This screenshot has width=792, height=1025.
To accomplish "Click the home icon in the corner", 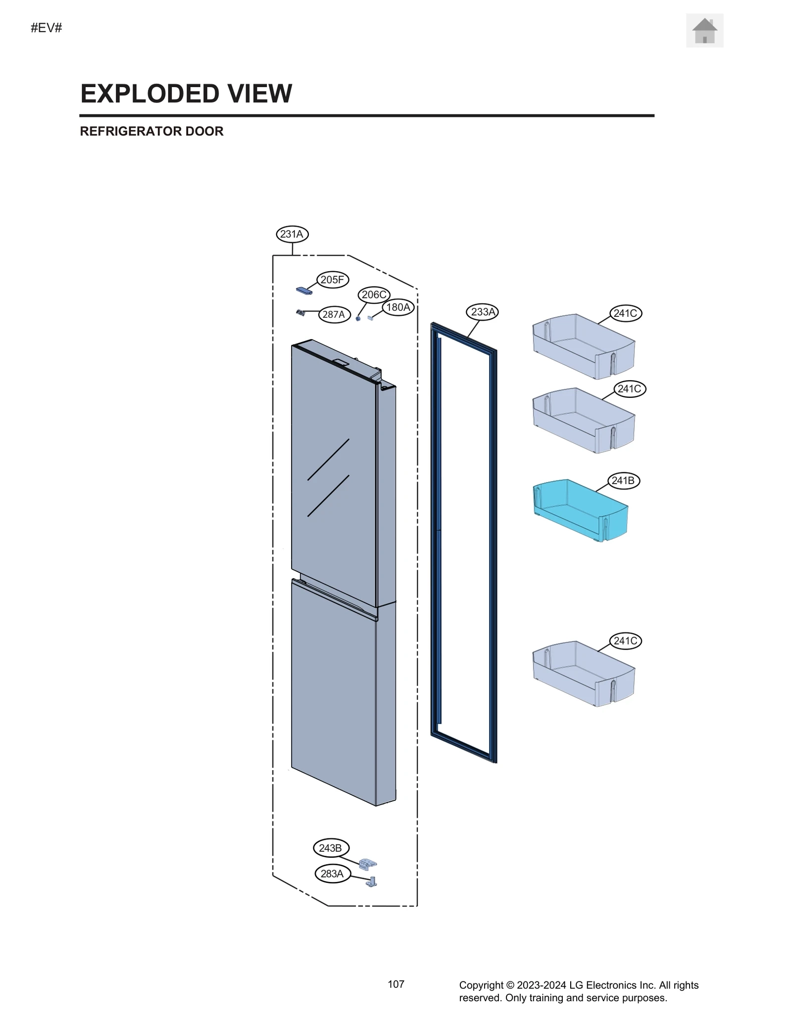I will [x=704, y=31].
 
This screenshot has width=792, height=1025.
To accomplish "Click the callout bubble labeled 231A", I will [x=292, y=234].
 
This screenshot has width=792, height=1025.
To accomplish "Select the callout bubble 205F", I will [x=332, y=280].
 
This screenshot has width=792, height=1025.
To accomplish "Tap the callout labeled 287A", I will [x=334, y=314].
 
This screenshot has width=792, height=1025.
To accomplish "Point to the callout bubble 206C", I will [x=374, y=295].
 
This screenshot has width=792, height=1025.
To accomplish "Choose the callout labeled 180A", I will [x=398, y=307].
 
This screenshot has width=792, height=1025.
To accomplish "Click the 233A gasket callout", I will [x=483, y=312].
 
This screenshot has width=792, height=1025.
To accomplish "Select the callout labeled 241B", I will [x=623, y=481].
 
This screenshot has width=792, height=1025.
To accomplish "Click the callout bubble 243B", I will [x=331, y=848].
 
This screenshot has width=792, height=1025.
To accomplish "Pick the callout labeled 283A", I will [x=332, y=874].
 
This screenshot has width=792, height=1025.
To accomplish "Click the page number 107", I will [x=396, y=984].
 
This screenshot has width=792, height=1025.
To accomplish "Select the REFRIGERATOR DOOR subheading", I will [x=151, y=131].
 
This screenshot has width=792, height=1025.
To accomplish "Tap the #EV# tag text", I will [x=47, y=28].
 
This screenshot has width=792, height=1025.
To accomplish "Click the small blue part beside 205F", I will [x=304, y=291].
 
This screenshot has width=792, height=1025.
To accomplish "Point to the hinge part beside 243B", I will [x=367, y=864].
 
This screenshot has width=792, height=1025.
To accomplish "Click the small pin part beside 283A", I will [x=372, y=881].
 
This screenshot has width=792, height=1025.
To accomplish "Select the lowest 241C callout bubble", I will [x=625, y=641].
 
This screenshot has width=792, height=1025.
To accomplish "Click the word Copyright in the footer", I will [x=480, y=985].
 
